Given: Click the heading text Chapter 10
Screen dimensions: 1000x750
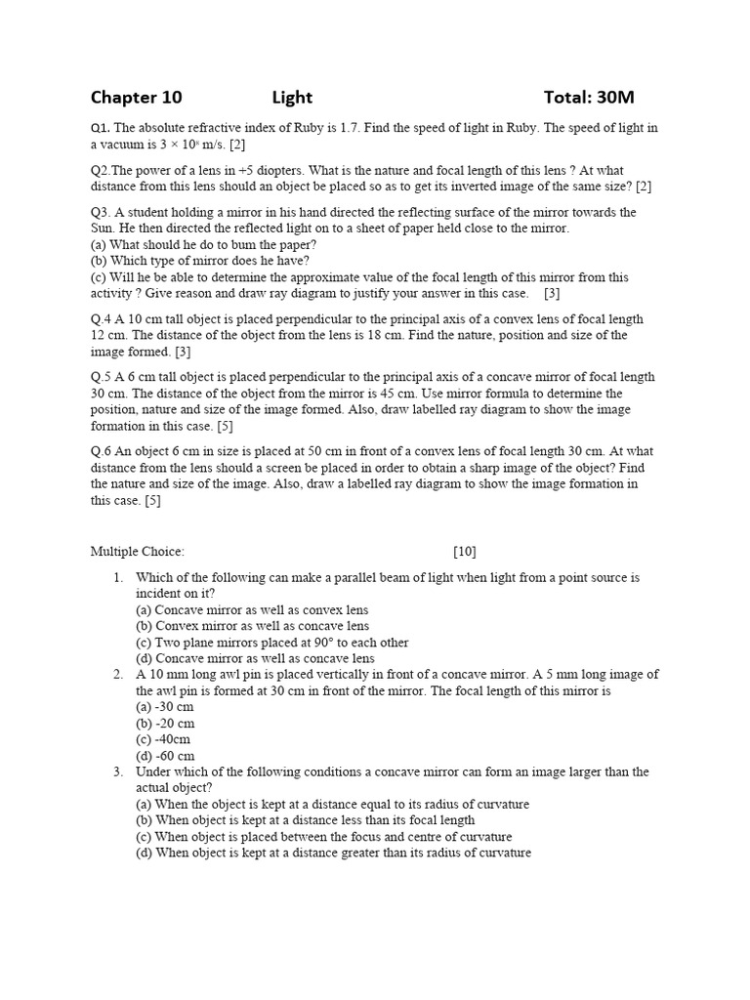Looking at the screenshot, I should click(136, 97).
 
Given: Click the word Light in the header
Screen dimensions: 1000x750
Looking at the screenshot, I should click(292, 97).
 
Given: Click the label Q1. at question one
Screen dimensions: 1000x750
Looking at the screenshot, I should click(101, 128).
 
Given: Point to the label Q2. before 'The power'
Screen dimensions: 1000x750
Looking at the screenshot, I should click(103, 170).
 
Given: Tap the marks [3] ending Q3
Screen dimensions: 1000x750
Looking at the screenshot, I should click(553, 293).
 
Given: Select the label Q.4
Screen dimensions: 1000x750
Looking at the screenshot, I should click(102, 318).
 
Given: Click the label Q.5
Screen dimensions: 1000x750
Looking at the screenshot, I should click(102, 377).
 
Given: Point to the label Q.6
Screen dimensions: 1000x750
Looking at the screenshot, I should click(102, 451).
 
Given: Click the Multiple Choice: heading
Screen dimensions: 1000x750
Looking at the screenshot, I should click(137, 552).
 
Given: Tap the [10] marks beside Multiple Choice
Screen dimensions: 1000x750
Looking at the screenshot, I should click(465, 552).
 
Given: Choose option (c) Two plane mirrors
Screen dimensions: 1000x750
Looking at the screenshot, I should click(272, 643).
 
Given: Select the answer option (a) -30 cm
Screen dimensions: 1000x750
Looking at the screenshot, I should click(165, 707).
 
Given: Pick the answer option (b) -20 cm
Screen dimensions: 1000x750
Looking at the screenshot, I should click(165, 724).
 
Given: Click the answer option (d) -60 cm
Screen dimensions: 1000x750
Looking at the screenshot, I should click(165, 756).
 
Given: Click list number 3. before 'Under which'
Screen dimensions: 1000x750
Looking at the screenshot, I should click(117, 771).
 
